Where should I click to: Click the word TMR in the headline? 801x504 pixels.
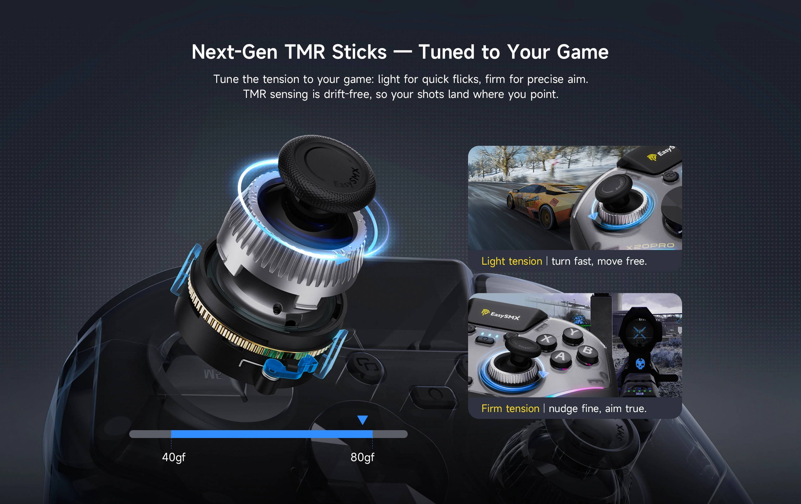(x=305, y=52)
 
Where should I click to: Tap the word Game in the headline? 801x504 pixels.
(x=583, y=52)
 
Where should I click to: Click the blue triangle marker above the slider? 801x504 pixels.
(x=363, y=420)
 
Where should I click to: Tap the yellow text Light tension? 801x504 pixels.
(x=512, y=262)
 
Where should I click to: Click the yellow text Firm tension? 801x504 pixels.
(x=510, y=409)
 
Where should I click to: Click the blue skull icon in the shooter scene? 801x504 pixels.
(x=640, y=364)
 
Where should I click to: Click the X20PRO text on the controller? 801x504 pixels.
(x=650, y=246)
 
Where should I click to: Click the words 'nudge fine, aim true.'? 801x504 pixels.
(x=597, y=409)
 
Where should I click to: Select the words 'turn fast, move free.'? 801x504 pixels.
(x=599, y=262)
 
